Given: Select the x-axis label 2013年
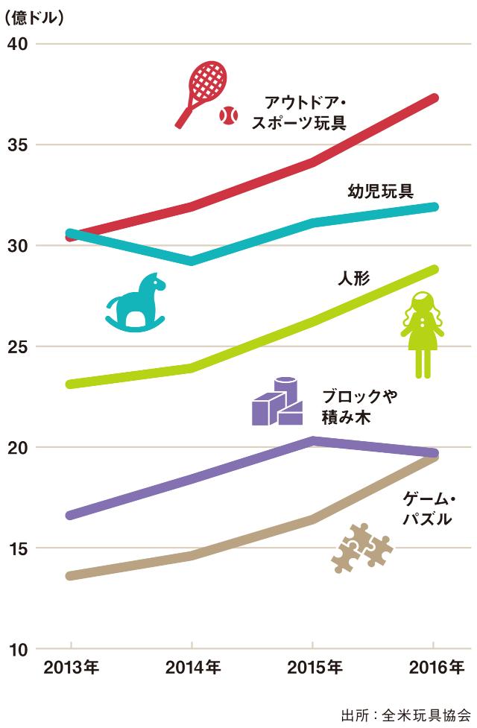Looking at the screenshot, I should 71,667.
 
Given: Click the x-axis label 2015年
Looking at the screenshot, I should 313,667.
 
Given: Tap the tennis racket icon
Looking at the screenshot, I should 201,91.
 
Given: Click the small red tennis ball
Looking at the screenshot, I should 228,115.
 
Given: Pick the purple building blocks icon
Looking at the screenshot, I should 277,402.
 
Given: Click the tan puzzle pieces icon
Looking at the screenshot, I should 361,547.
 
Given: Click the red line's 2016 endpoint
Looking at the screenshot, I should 434,98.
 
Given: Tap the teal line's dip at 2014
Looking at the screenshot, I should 192,261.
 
